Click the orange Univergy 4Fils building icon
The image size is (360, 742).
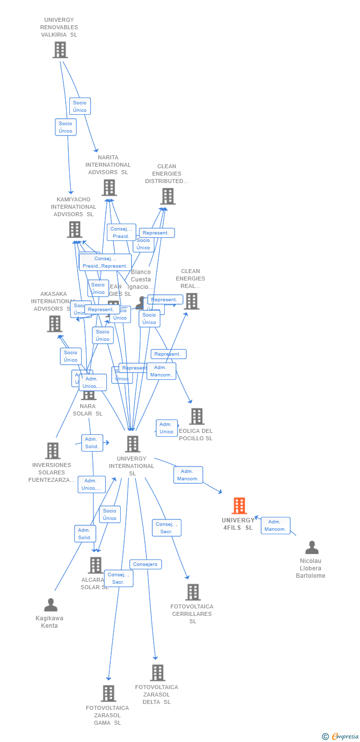pyautogui.click(x=239, y=506)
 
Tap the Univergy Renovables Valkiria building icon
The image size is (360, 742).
pyautogui.click(x=60, y=50)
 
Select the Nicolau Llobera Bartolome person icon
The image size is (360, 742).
pyautogui.click(x=312, y=547)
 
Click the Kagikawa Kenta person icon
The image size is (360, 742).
pyautogui.click(x=50, y=604)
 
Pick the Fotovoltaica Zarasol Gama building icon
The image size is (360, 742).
pyautogui.click(x=108, y=694)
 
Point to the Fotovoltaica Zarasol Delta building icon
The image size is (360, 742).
pyautogui.click(x=157, y=673)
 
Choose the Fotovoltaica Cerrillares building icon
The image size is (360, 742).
pyautogui.click(x=192, y=592)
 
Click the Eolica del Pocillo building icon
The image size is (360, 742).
pyautogui.click(x=197, y=417)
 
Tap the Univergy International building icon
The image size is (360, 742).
pyautogui.click(x=132, y=444)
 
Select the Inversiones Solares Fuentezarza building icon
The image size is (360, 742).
pyautogui.click(x=53, y=451)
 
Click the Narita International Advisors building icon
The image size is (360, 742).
pyautogui.click(x=109, y=187)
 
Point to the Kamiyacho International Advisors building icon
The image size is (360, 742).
pyautogui.click(x=74, y=230)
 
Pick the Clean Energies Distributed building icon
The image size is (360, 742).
pyautogui.click(x=168, y=196)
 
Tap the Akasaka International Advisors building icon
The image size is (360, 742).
pyautogui.click(x=54, y=324)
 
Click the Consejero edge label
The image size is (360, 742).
pyautogui.click(x=145, y=564)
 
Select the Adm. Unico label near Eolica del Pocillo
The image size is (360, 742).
pyautogui.click(x=167, y=428)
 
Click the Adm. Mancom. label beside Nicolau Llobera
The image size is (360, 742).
pyautogui.click(x=275, y=525)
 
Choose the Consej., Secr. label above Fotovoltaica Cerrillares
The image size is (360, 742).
pyautogui.click(x=166, y=528)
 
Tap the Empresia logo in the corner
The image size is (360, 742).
pyautogui.click(x=341, y=737)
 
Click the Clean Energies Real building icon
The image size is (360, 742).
pyautogui.click(x=191, y=301)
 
